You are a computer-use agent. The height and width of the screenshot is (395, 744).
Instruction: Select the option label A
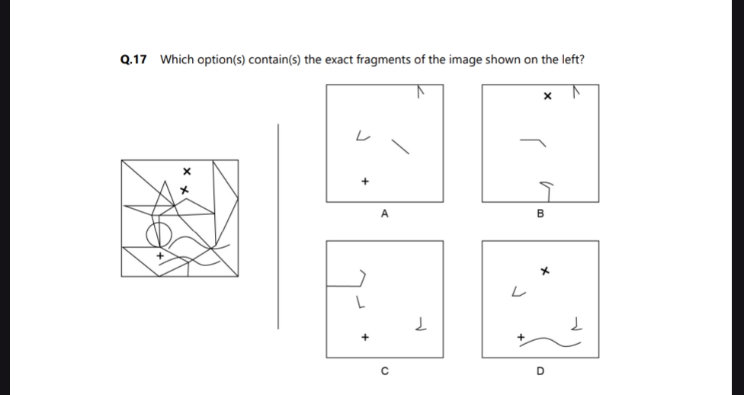(x=384, y=214)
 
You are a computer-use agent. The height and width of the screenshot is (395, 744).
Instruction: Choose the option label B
(x=540, y=214)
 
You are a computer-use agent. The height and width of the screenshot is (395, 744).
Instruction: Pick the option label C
(x=384, y=371)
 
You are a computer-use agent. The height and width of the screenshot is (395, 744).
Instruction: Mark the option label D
(x=540, y=371)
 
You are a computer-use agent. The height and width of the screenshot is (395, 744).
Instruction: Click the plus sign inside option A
(x=365, y=181)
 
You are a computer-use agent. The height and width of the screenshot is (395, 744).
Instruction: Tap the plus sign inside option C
(x=365, y=336)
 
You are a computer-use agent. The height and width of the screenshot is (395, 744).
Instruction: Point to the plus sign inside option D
(x=521, y=336)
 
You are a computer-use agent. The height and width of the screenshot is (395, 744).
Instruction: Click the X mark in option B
(x=547, y=98)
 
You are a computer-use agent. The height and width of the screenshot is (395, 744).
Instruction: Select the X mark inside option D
(x=544, y=271)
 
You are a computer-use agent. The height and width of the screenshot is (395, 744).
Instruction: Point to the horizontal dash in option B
(x=533, y=140)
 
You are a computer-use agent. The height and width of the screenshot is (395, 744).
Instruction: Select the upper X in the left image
(x=185, y=170)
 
